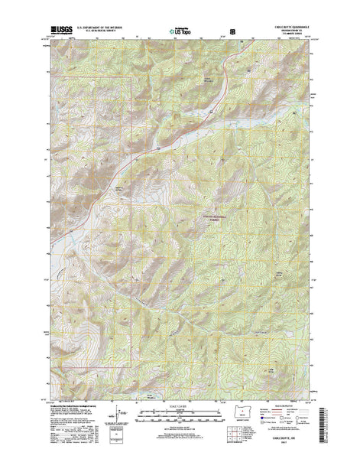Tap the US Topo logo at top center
pos(179,34)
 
